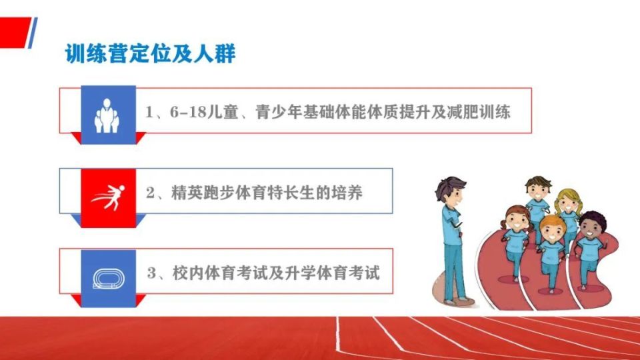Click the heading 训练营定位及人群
[150, 54]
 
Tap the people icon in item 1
[107, 114]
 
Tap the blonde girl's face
[568, 205]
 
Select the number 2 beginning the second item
[150, 194]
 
